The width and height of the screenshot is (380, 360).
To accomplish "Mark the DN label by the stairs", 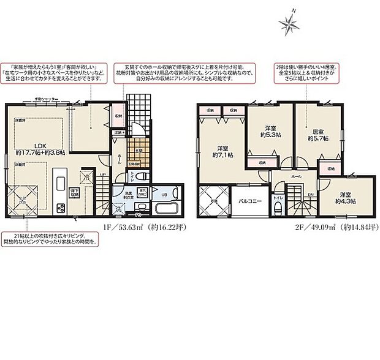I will pyautogui.click(x=311, y=197).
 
